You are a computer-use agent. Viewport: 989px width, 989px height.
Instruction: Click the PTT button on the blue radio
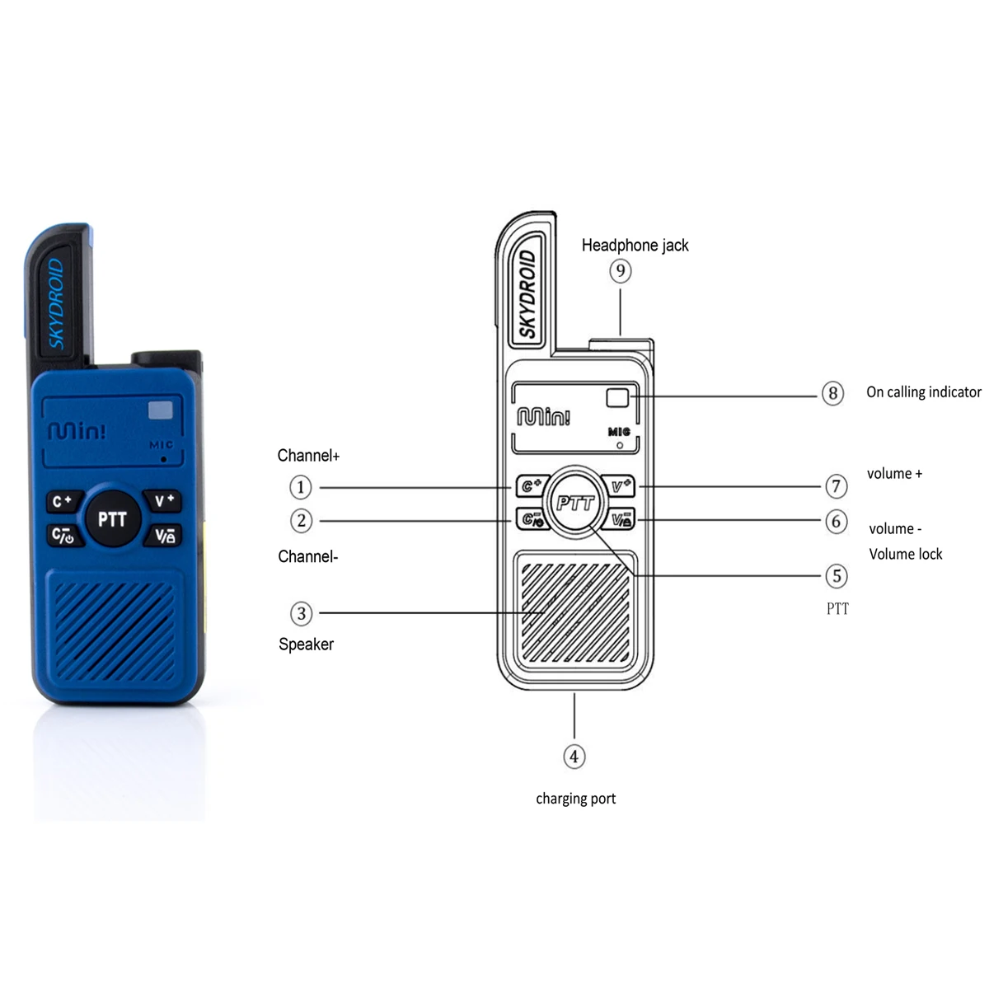pos(112,519)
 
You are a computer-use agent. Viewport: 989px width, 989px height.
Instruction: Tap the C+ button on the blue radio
pos(63,501)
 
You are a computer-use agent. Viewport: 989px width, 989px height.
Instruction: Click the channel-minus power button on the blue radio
pos(63,536)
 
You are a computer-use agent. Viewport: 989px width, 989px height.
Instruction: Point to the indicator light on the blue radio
pos(161,410)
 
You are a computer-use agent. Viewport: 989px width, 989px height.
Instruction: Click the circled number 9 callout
pos(621,270)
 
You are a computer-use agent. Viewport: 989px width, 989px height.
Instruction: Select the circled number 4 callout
pos(574,757)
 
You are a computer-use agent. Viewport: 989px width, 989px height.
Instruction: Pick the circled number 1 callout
pos(301,487)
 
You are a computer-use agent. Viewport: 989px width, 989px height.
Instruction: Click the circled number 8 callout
pos(832,393)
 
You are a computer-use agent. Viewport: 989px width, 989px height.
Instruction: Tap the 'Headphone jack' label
pos(635,245)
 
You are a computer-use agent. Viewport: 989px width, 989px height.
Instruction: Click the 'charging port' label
pos(575,798)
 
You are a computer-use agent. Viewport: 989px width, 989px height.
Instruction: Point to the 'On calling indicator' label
pos(923,392)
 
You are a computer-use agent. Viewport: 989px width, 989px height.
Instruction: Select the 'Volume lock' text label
pos(905,554)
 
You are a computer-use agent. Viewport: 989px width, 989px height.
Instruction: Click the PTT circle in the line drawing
pos(574,502)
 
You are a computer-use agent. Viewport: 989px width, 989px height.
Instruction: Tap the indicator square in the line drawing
pos(617,397)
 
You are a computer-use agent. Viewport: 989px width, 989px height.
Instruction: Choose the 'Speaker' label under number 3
pos(306,644)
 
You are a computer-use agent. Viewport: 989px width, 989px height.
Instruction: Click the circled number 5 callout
pos(837,575)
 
